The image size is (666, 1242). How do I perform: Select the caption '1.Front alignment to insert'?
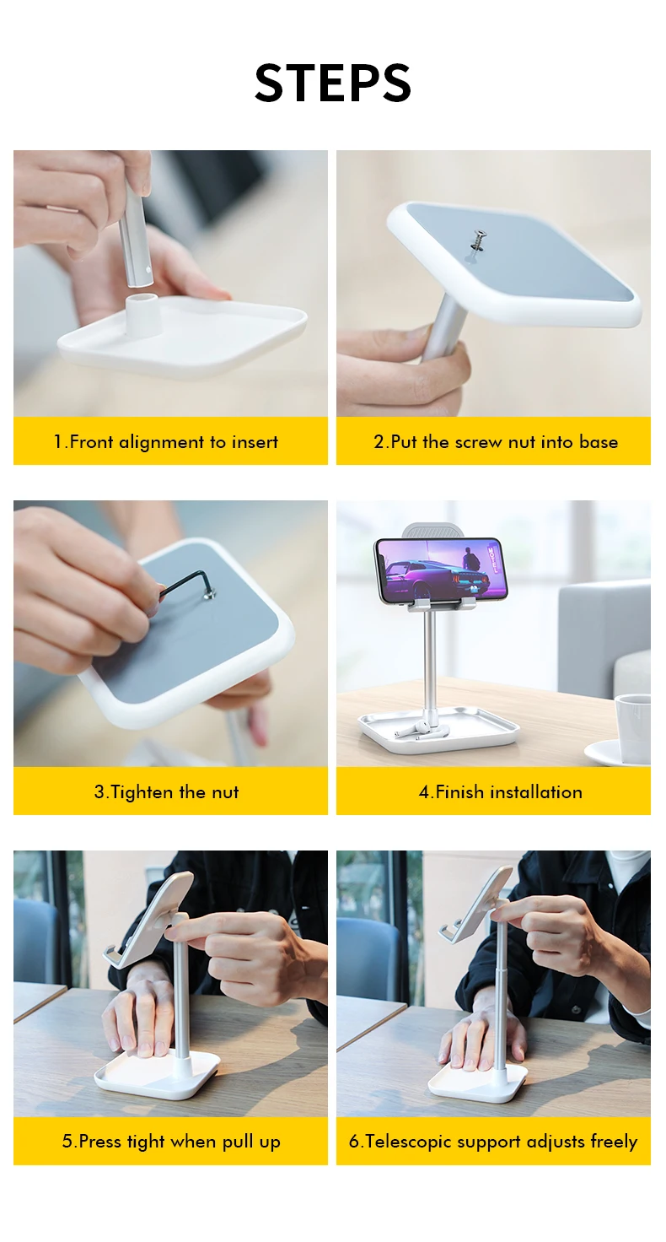pos(166,442)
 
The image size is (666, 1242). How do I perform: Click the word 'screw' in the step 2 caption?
pos(480,442)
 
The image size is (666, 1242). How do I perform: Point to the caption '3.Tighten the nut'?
pos(166,791)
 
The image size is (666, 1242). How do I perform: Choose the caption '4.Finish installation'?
pos(500,791)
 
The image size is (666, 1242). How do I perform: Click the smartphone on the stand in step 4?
pos(442,570)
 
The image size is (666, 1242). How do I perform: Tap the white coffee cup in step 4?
pos(633,726)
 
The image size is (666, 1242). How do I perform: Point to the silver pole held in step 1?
pos(133,233)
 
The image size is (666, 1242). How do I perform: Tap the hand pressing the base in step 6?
pos(480,1036)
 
